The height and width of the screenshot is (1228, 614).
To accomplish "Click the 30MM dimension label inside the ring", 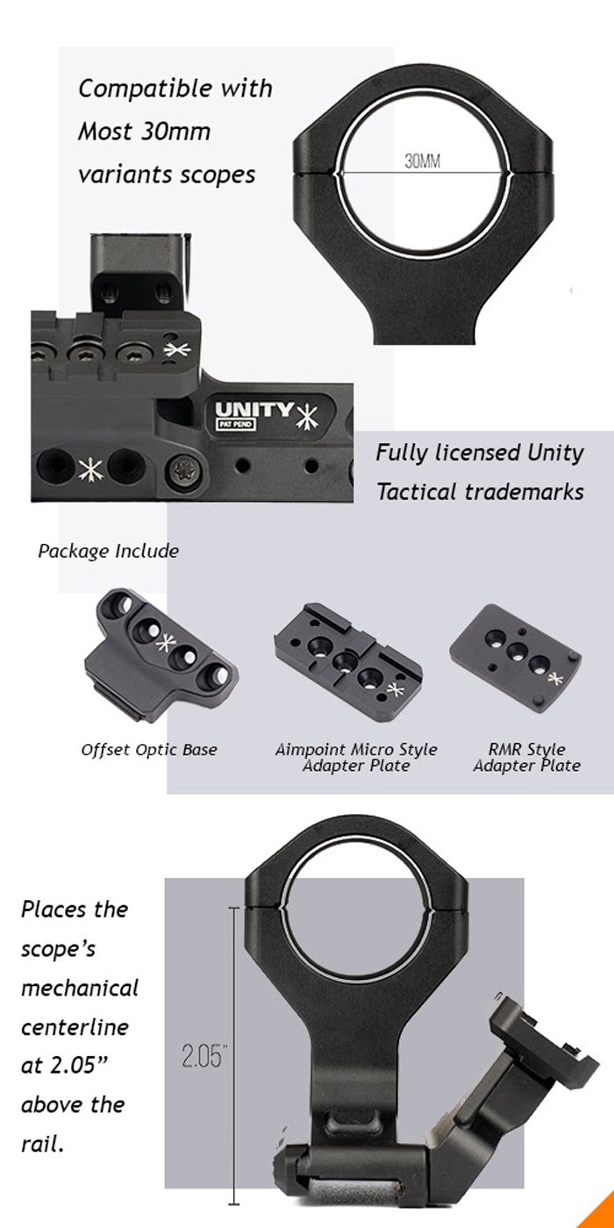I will click(x=422, y=161).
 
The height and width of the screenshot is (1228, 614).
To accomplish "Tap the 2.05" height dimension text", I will click(x=204, y=1056).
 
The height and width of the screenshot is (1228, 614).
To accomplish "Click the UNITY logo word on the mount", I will click(x=255, y=410).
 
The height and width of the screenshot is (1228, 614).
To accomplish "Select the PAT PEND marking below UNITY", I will click(x=234, y=425).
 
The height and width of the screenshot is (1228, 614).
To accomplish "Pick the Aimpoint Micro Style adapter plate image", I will click(x=348, y=660).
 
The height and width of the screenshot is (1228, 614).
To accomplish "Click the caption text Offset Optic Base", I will click(x=149, y=750).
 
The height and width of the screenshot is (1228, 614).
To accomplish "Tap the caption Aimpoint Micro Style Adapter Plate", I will click(x=355, y=758).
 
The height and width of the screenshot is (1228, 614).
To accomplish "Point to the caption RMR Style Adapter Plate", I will click(x=526, y=758).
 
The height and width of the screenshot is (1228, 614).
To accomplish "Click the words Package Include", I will click(x=108, y=551).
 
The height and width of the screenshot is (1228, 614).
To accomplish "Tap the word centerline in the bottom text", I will click(x=75, y=1026).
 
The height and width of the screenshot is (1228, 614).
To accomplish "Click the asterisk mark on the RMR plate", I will click(x=553, y=677).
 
